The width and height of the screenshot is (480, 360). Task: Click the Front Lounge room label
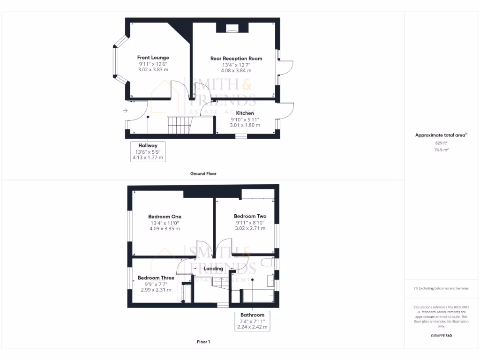(153, 58)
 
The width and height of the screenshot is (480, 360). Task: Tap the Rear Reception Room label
(236, 59)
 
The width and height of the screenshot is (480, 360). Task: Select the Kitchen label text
(245, 113)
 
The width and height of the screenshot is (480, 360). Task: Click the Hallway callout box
(148, 151)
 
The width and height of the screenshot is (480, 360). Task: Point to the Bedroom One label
(165, 216)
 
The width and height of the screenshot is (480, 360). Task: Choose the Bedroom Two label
(250, 216)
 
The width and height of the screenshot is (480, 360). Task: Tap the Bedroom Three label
(156, 277)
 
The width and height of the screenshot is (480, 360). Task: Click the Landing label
(213, 269)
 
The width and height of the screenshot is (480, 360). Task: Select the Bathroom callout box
(252, 321)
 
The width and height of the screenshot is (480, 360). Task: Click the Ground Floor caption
(203, 173)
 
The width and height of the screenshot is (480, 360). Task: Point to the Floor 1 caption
(203, 342)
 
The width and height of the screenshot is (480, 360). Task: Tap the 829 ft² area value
(441, 142)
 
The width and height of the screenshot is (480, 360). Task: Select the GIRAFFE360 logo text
(441, 336)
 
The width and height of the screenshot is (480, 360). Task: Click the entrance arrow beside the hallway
(125, 111)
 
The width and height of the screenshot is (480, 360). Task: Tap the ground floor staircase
(179, 124)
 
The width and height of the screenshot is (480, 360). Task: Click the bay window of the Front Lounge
(115, 61)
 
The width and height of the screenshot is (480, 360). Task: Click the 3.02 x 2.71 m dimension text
(250, 228)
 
